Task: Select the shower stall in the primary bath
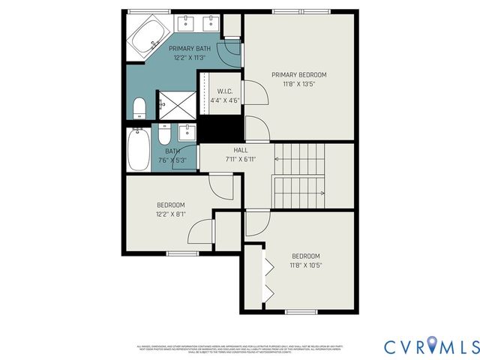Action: pyautogui.click(x=176, y=105)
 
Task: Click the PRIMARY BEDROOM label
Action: pyautogui.click(x=299, y=74)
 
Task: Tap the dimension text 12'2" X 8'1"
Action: pyautogui.click(x=171, y=214)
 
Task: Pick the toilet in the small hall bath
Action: pyautogui.click(x=166, y=136)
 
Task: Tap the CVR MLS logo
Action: pyautogui.click(x=431, y=346)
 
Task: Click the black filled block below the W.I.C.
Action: pyautogui.click(x=220, y=128)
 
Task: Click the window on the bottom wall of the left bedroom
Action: pyautogui.click(x=182, y=253)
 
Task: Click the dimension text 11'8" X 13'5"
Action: pyautogui.click(x=299, y=84)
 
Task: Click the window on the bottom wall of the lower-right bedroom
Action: pyautogui.click(x=301, y=311)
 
